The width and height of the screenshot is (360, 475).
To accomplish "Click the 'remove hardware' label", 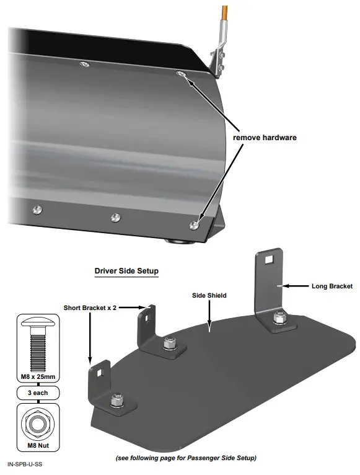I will pos(265,137).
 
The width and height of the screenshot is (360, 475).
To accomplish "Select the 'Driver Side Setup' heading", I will pos(126,271).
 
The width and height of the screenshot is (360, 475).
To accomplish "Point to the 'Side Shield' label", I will pos(208,296).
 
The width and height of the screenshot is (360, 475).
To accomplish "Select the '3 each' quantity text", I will pos(37,393).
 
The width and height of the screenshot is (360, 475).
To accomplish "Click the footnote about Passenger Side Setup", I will pos(186,458).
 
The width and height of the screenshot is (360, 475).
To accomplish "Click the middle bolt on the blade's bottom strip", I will pos(115,217).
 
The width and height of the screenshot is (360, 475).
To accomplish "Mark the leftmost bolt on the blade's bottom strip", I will pos(37,210).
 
